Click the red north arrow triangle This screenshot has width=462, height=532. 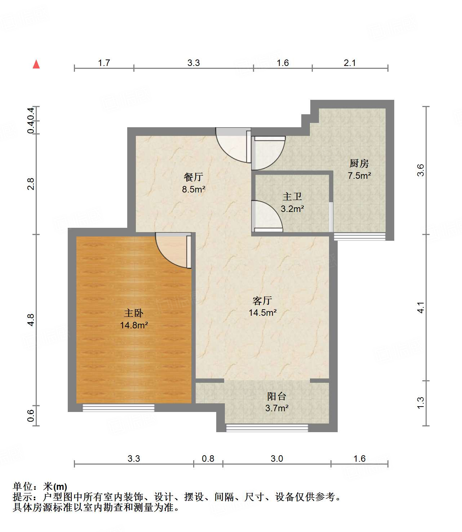click(x=36, y=64)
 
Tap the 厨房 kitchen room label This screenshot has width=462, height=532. click(x=359, y=163)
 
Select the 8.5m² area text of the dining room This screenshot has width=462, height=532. click(x=194, y=189)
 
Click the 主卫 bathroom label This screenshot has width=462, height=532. click(x=292, y=196)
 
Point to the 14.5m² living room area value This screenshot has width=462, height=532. click(x=262, y=312)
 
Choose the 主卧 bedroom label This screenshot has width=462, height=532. click(x=134, y=313)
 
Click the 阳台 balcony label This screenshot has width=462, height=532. click(x=277, y=396)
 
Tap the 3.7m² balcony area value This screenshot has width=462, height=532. click(x=277, y=408)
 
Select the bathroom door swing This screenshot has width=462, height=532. click(x=267, y=216)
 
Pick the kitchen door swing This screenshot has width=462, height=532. click(x=268, y=153)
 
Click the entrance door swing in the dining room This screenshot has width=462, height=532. click(x=233, y=145)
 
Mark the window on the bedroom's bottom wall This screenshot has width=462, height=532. click(x=119, y=407)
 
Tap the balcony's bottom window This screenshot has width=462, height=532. click(x=267, y=428)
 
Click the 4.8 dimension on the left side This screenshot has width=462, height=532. click(x=31, y=320)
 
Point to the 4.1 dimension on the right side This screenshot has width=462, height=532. click(x=421, y=307)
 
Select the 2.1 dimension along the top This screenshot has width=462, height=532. click(x=350, y=63)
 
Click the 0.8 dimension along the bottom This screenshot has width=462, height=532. click(x=208, y=459)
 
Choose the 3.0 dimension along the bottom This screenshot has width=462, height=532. click(x=277, y=459)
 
